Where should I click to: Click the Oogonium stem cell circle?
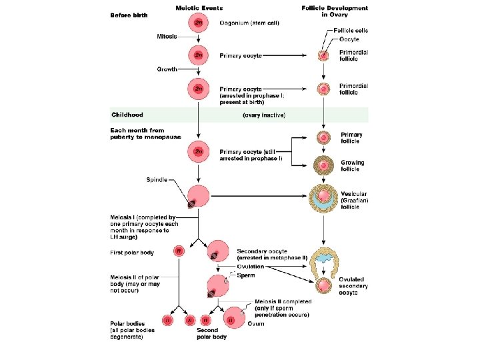(x=199, y=23)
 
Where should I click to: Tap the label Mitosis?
(x=167, y=36)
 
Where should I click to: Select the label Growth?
(x=167, y=69)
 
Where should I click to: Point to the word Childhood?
(x=127, y=115)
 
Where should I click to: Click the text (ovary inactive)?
(x=263, y=115)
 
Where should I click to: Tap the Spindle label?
(x=157, y=179)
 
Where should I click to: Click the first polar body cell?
(x=179, y=251)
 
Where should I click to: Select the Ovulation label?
(x=255, y=266)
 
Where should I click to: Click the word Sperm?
(x=247, y=275)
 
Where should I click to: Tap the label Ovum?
(x=255, y=323)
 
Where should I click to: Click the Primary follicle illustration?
(x=323, y=138)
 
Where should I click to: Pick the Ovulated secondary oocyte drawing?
(x=323, y=285)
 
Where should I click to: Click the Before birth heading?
(x=129, y=15)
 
